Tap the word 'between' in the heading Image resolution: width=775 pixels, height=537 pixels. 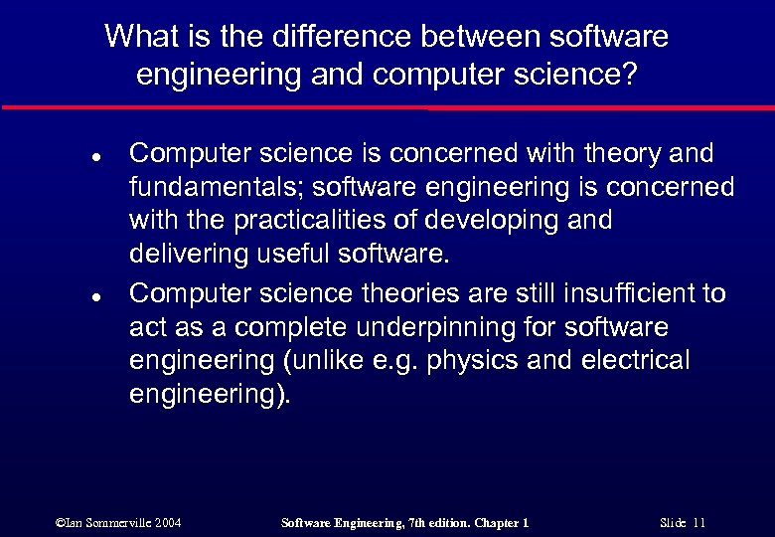point(436,37)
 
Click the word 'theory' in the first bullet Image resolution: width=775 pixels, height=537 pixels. point(608,153)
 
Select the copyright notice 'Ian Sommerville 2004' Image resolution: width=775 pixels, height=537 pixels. point(119,521)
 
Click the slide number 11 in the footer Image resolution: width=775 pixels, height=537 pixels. point(699,521)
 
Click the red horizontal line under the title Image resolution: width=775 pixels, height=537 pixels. point(387,106)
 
